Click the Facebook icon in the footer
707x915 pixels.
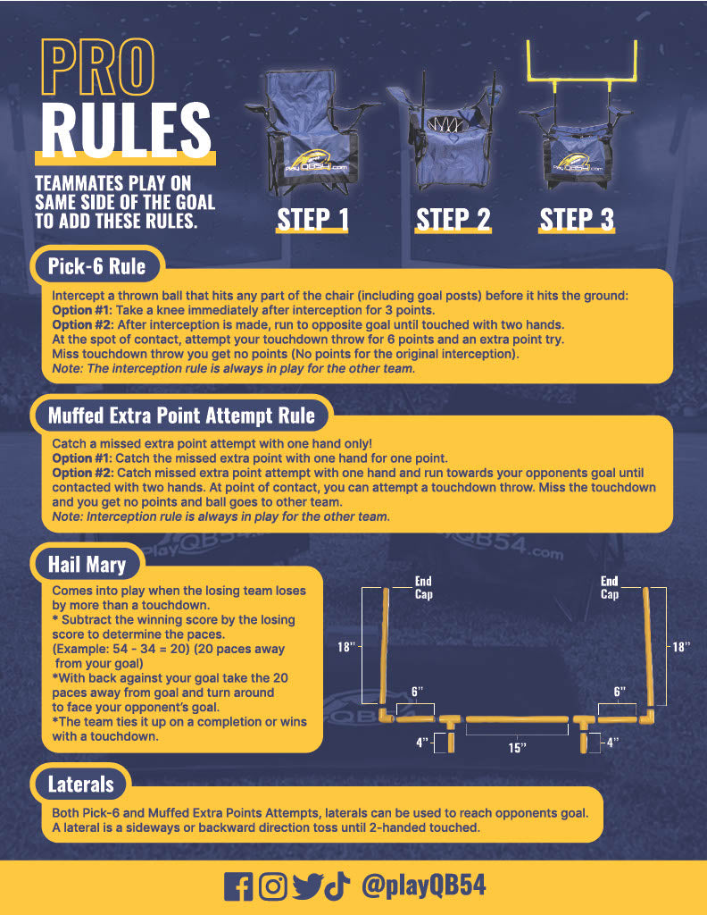(238, 886)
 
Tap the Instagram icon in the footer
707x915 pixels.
(273, 886)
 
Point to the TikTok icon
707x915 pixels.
(337, 886)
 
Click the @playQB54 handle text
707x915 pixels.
(424, 886)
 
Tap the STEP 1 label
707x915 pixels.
(312, 220)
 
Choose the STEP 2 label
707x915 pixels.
(453, 220)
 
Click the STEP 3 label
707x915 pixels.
(577, 220)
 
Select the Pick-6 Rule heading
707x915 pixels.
(96, 266)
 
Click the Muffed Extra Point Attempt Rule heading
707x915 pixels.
(181, 416)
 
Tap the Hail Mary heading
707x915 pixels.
(87, 565)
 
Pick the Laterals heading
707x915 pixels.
(80, 785)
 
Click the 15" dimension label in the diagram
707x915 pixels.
(517, 748)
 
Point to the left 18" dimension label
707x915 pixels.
(346, 647)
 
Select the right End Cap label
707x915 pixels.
(610, 588)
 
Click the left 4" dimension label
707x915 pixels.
(422, 743)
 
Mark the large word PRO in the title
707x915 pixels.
(98, 67)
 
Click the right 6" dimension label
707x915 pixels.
(620, 692)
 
